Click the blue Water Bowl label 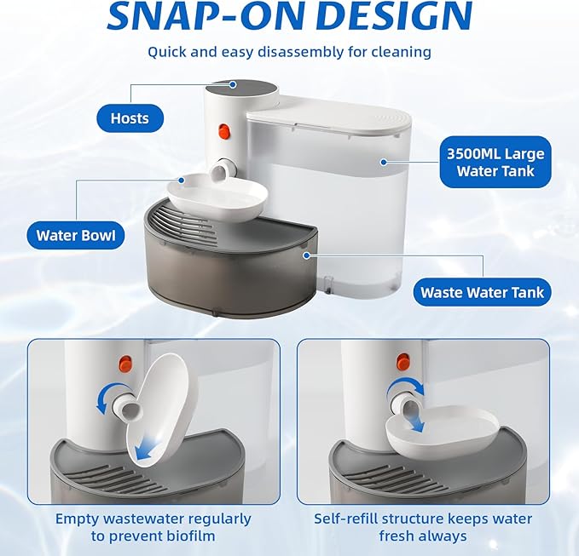[x=75, y=235]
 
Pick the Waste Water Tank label [x=482, y=292]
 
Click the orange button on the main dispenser [x=225, y=132]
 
